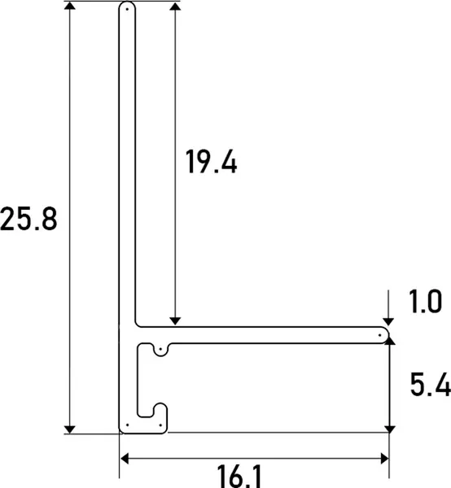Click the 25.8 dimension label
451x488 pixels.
coord(28,219)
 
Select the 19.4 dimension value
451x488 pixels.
coord(212,161)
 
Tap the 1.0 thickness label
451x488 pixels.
coord(425,301)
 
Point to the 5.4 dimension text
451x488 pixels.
coord(431,385)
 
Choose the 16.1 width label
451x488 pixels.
coord(239,477)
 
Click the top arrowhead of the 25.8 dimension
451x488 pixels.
coord(70,6)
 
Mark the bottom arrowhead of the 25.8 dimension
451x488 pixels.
coord(70,429)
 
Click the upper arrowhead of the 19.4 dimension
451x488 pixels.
coord(175,6)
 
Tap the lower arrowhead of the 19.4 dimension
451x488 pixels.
coord(175,321)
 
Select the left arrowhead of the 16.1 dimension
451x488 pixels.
coord(125,459)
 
